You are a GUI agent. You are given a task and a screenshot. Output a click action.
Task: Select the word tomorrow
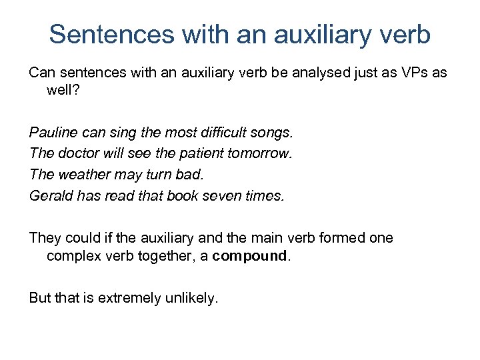pyautogui.click(x=260, y=153)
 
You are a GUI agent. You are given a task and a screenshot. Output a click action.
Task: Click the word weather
pyautogui.click(x=83, y=175)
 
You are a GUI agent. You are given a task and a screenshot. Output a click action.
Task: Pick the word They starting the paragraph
pyautogui.click(x=45, y=237)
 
